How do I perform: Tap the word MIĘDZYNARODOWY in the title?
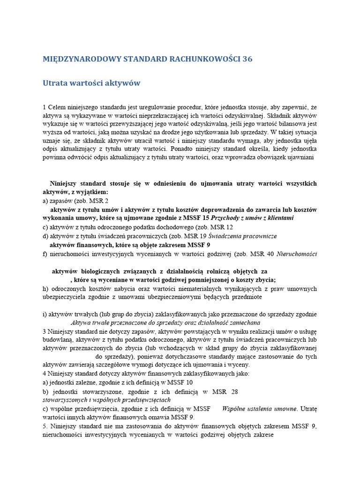[x=82, y=59]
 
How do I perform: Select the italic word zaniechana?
[x=243, y=322]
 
